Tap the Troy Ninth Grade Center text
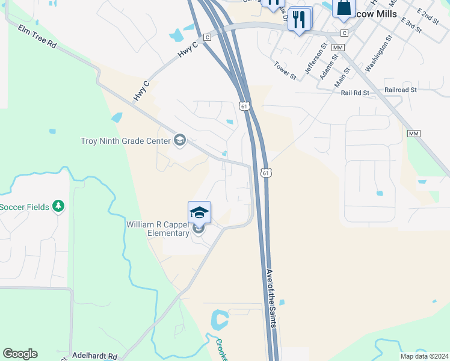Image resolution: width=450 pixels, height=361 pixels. coord(125,141)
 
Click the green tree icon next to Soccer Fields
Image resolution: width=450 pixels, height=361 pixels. coord(58,207)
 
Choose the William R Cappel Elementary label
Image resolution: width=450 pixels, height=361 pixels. coord(158,229)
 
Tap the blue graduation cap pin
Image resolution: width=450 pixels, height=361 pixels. coord(199,212)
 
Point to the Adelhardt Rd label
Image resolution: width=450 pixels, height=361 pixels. coord(94,356)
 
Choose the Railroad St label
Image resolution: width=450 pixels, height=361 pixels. coord(401,90)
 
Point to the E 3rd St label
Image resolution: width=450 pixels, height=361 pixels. coord(412,25)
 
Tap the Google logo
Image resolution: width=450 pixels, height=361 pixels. coord(20,354)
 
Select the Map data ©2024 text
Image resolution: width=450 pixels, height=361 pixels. coord(424,356)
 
